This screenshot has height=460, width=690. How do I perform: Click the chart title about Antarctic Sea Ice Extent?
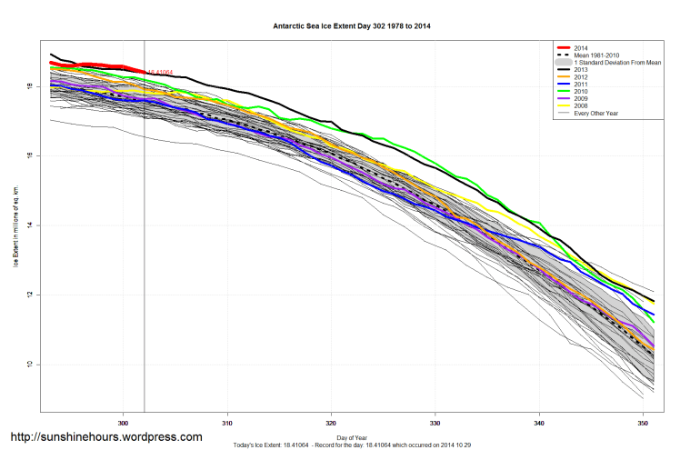pyautogui.click(x=352, y=26)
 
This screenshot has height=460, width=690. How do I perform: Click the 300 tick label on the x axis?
pyautogui.click(x=124, y=422)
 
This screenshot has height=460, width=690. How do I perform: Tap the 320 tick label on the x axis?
pyautogui.click(x=331, y=422)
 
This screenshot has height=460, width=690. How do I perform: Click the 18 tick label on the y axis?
pyautogui.click(x=30, y=86)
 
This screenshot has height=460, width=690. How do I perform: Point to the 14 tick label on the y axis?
pyautogui.click(x=30, y=225)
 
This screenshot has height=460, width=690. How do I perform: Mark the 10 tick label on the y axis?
pyautogui.click(x=30, y=365)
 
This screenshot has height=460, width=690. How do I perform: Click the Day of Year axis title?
pyautogui.click(x=352, y=438)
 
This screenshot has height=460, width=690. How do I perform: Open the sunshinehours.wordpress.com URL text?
pyautogui.click(x=106, y=437)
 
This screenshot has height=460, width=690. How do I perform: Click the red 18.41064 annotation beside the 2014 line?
pyautogui.click(x=160, y=72)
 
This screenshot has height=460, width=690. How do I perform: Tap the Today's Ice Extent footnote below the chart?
pyautogui.click(x=352, y=446)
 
